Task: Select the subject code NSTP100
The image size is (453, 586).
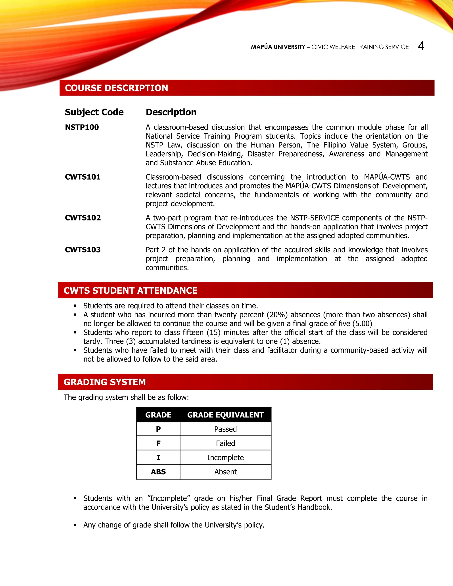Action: pyautogui.click(x=82, y=127)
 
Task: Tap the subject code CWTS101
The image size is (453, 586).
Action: pyautogui.click(x=83, y=177)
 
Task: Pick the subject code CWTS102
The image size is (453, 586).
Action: pyautogui.click(x=83, y=218)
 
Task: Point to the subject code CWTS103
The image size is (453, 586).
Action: pyautogui.click(x=83, y=250)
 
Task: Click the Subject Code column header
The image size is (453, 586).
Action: pyautogui.click(x=94, y=112)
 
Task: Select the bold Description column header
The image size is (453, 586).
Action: pyautogui.click(x=171, y=112)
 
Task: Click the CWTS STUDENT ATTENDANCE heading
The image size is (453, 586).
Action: pyautogui.click(x=131, y=291)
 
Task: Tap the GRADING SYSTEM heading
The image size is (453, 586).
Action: pyautogui.click(x=105, y=382)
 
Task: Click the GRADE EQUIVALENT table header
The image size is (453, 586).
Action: pyautogui.click(x=225, y=415)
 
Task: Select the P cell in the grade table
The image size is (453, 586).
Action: pyautogui.click(x=158, y=429)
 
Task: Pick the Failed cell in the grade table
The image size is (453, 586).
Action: pyautogui.click(x=225, y=444)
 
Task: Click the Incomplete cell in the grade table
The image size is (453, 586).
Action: pyautogui.click(x=225, y=458)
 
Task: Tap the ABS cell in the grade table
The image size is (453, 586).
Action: pyautogui.click(x=158, y=472)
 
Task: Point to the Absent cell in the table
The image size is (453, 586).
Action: pyautogui.click(x=225, y=472)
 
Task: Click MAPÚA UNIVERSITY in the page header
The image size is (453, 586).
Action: pyautogui.click(x=278, y=47)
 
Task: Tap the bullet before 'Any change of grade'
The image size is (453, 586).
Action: pyautogui.click(x=75, y=525)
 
